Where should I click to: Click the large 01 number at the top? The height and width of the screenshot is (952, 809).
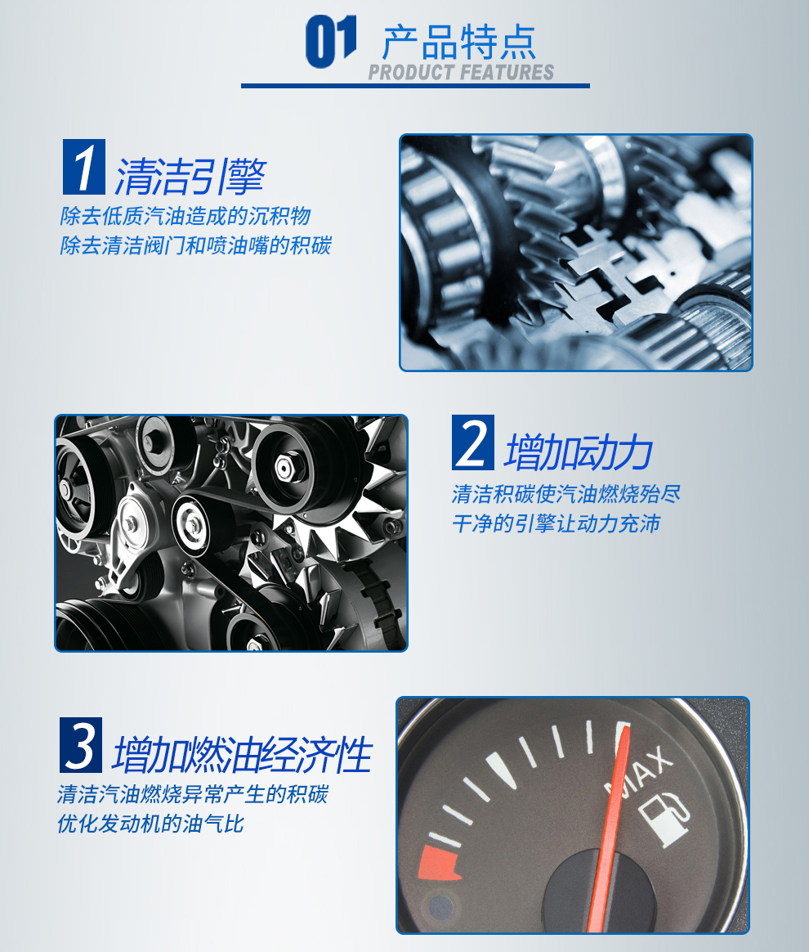331,41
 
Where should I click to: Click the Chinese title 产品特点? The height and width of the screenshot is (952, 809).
459,42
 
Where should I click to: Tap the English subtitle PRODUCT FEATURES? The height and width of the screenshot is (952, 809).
461,72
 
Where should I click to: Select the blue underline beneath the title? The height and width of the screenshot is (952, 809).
415,86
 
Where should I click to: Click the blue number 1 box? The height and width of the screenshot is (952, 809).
84,166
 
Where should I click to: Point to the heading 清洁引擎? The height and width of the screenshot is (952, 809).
190,177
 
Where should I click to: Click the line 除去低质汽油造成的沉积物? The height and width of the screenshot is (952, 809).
185,216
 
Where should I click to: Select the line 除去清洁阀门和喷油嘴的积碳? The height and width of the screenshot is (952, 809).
196,245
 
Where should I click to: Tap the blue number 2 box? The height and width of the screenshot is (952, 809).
473,442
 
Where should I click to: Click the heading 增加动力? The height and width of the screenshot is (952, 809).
579,452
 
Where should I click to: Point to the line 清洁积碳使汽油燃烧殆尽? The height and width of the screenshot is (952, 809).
566,494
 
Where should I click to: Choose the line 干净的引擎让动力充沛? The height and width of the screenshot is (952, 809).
556,523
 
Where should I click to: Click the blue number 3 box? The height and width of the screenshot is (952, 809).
81,745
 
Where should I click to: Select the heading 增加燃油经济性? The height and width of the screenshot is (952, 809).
243,755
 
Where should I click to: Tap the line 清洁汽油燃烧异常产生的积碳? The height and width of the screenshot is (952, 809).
193,794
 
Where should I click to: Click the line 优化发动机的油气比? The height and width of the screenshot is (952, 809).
150,824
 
